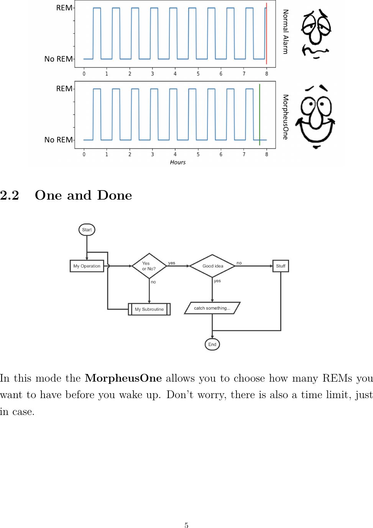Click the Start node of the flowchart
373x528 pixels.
[x=87, y=230]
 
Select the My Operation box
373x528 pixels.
[x=87, y=266]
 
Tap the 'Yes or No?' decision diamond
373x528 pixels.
[x=149, y=266]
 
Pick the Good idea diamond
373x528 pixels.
[x=212, y=266]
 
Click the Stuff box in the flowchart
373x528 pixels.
[x=281, y=266]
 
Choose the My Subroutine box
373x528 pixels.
[x=149, y=309]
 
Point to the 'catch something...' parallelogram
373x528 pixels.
[x=212, y=308]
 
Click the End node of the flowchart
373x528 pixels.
[x=212, y=344]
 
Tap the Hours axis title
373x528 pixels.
[x=178, y=162]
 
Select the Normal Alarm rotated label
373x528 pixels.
[x=286, y=32]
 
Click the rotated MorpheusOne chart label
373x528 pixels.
[x=286, y=117]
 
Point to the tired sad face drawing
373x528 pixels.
[x=316, y=34]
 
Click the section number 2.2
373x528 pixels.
[x=10, y=195]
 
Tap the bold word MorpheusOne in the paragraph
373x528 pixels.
[x=123, y=378]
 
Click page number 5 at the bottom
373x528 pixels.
[x=186, y=525]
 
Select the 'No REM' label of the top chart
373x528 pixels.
[x=58, y=59]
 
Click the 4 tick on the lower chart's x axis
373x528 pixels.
[x=175, y=154]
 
